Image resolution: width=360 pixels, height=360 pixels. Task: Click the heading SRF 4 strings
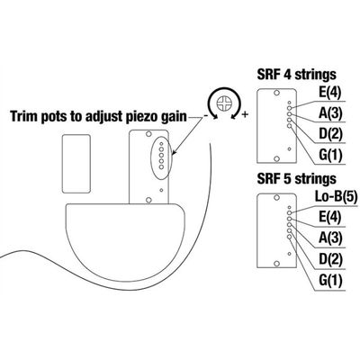(x=296, y=75)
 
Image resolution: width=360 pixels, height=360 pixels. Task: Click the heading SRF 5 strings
(x=296, y=179)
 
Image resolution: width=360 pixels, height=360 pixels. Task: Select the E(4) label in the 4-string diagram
(x=330, y=93)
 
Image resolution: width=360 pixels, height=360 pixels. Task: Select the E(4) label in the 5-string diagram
(x=330, y=218)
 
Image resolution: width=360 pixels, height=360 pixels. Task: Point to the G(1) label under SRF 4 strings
(x=330, y=156)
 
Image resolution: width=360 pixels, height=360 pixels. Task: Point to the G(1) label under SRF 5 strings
(x=330, y=281)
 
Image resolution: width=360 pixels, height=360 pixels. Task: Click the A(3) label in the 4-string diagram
(x=330, y=113)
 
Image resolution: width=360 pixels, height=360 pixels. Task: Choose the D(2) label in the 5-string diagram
(x=330, y=260)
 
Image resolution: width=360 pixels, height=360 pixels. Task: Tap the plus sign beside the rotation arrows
(x=245, y=114)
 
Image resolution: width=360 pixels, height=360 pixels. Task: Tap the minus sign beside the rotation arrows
(x=206, y=116)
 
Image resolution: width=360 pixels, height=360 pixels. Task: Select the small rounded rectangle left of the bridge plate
(x=76, y=164)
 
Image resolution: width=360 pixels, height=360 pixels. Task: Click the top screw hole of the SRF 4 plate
(x=277, y=93)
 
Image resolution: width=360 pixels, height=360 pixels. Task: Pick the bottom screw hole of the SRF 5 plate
(x=277, y=264)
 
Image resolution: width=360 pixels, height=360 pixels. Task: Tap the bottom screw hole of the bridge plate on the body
(x=148, y=200)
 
